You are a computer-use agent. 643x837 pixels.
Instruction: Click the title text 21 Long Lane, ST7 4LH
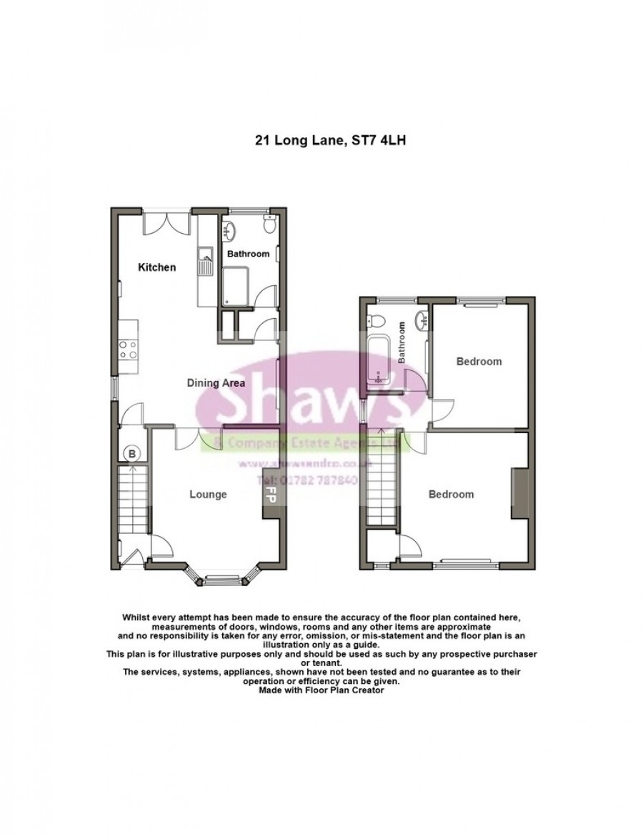[x=331, y=142]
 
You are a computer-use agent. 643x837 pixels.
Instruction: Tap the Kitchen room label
[x=156, y=267]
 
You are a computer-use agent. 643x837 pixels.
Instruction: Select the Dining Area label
[x=216, y=383]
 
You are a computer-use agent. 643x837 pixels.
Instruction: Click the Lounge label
[x=208, y=494]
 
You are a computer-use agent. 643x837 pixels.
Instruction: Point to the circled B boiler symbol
[x=131, y=452]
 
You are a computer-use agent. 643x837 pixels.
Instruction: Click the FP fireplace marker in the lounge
[x=271, y=494]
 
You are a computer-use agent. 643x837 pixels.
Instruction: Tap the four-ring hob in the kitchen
[x=128, y=350]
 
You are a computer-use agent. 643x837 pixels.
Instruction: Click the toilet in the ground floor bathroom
[x=269, y=227]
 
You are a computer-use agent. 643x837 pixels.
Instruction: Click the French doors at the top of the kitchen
[x=166, y=222]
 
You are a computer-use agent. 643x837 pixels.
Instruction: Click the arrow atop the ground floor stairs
[x=132, y=470]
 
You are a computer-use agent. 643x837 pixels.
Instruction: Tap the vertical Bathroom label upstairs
[x=402, y=342]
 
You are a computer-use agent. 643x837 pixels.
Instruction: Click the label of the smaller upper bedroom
[x=479, y=362]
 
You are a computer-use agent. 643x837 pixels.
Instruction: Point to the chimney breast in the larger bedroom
[x=519, y=495]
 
